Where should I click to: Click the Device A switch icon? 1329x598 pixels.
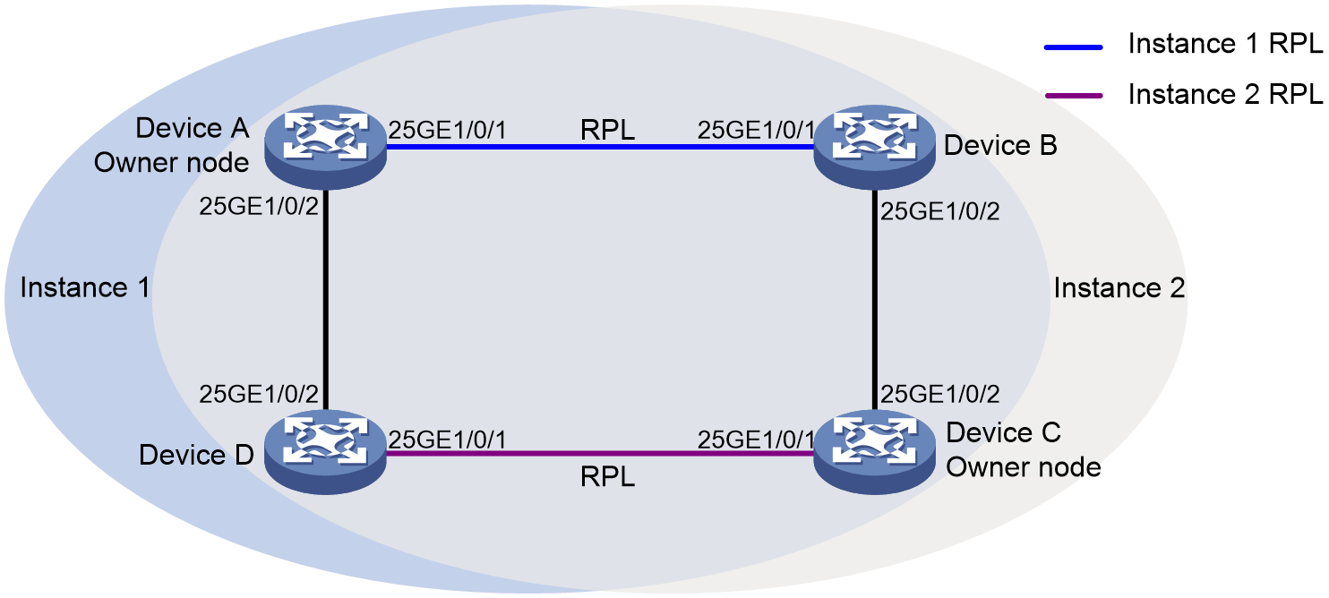pyautogui.click(x=325, y=147)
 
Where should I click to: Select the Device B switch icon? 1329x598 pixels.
pyautogui.click(x=875, y=147)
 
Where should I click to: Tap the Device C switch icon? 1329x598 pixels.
pyautogui.click(x=875, y=452)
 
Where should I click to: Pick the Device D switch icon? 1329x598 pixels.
pyautogui.click(x=325, y=452)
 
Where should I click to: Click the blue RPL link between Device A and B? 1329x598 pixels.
pyautogui.click(x=600, y=147)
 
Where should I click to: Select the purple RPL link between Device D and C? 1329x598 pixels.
pyautogui.click(x=600, y=454)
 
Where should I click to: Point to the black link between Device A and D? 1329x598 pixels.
pyautogui.click(x=325, y=300)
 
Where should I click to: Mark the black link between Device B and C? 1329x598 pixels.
pyautogui.click(x=875, y=300)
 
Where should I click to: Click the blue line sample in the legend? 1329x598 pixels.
pyautogui.click(x=1073, y=47)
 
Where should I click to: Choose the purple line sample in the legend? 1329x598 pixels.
pyautogui.click(x=1073, y=96)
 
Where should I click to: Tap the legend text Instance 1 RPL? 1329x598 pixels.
pyautogui.click(x=1225, y=44)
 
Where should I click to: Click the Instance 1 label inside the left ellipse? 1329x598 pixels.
pyautogui.click(x=85, y=287)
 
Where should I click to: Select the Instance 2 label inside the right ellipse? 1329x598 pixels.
pyautogui.click(x=1119, y=287)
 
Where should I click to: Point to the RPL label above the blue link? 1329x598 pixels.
pyautogui.click(x=607, y=130)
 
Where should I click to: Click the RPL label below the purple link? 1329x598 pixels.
pyautogui.click(x=607, y=476)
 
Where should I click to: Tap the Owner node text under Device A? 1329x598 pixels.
pyautogui.click(x=171, y=163)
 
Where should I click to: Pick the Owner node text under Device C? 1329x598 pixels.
pyautogui.click(x=1024, y=467)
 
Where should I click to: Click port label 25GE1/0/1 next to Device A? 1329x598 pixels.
pyautogui.click(x=448, y=130)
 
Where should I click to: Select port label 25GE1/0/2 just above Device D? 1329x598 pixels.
pyautogui.click(x=259, y=394)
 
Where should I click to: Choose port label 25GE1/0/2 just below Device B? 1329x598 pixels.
pyautogui.click(x=939, y=211)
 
